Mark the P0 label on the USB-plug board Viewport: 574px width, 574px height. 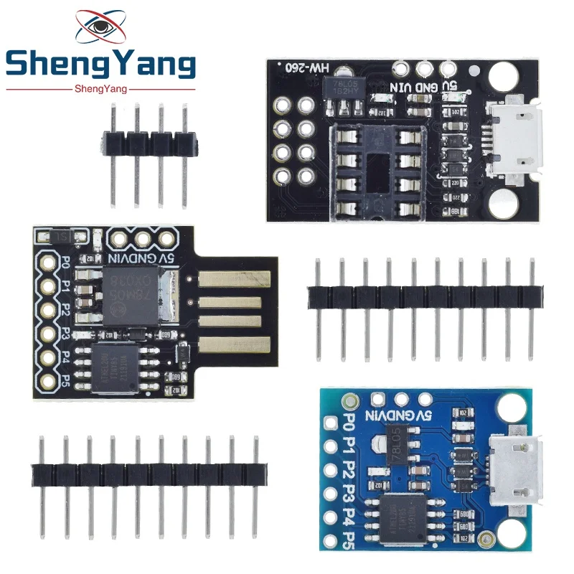click(x=65, y=263)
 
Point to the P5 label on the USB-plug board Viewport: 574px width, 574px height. click(x=65, y=378)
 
